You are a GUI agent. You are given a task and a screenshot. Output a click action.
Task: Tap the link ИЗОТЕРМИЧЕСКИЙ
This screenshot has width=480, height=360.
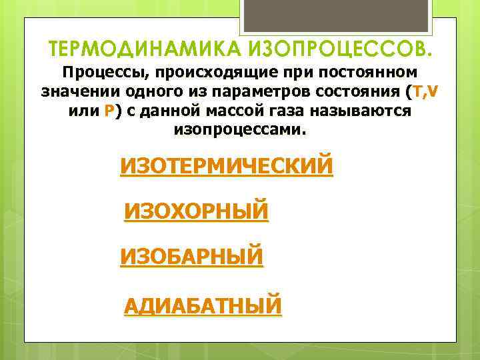point(226,165)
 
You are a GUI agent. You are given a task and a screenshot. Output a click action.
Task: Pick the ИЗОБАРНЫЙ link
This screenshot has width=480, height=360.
point(191,256)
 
